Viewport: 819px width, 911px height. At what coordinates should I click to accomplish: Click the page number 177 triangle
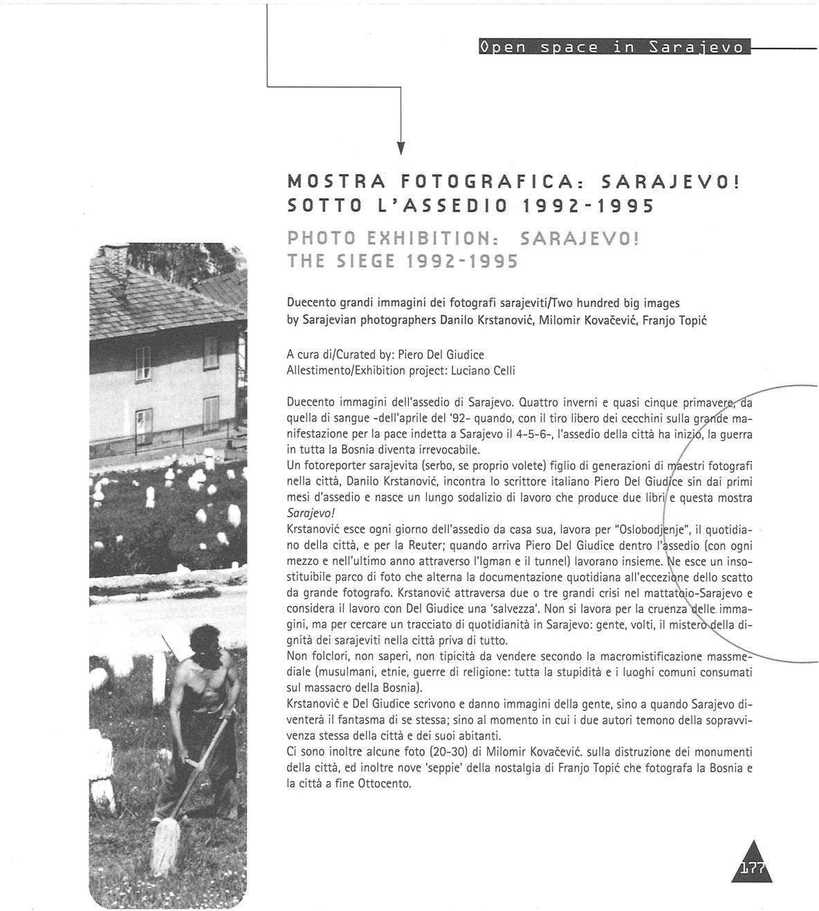751,865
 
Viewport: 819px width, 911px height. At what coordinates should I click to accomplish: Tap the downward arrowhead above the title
401,148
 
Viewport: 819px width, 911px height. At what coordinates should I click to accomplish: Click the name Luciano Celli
483,370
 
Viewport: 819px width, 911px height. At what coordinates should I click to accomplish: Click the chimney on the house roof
116,261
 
